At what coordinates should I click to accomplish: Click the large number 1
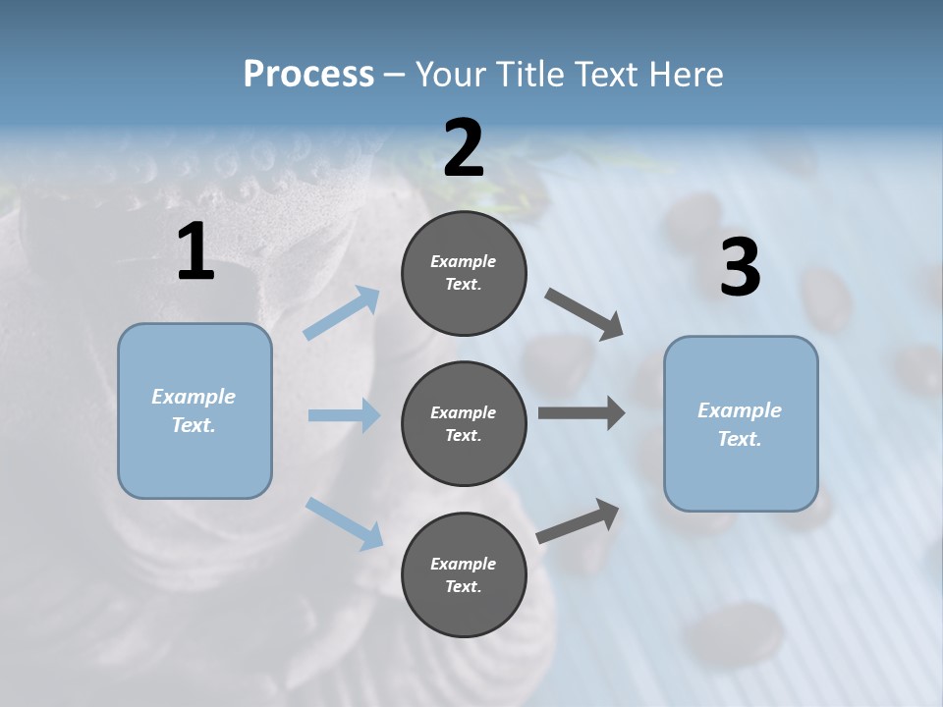(196, 250)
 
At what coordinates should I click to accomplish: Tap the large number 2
(464, 147)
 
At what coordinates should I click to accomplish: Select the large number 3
(741, 266)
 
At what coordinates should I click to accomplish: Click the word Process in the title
(308, 74)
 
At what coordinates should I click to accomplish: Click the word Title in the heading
(529, 74)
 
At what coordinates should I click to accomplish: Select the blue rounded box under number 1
(194, 411)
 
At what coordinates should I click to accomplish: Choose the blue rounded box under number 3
(741, 424)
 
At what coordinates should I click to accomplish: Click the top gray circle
(464, 273)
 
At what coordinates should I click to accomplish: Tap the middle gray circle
(464, 424)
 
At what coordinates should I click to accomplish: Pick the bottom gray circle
(464, 574)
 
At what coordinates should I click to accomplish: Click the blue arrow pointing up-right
(341, 312)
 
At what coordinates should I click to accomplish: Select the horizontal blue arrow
(345, 414)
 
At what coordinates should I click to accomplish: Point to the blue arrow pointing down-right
(344, 523)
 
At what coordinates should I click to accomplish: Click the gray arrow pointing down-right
(583, 314)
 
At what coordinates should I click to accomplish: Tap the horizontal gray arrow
(582, 412)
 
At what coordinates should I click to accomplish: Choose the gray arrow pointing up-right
(578, 520)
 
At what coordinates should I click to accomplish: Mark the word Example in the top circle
(463, 261)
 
